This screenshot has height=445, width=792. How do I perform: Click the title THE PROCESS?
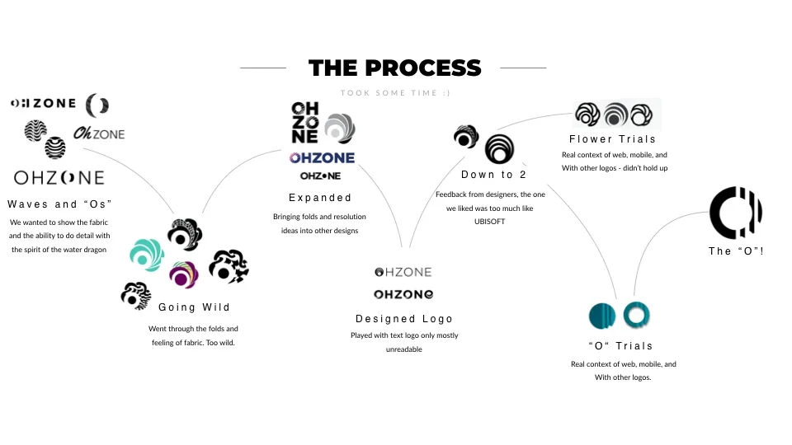(x=394, y=68)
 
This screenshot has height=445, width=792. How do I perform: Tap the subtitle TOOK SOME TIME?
(x=395, y=93)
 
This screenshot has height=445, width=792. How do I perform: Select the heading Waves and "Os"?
(x=59, y=204)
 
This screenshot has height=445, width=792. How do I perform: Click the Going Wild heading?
(x=194, y=307)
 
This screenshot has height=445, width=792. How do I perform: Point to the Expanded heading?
(x=320, y=198)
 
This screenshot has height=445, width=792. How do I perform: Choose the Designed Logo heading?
(x=404, y=319)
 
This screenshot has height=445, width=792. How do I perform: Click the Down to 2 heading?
(x=493, y=175)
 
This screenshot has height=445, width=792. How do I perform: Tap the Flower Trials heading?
(x=612, y=139)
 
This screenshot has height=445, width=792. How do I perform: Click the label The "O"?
(x=736, y=251)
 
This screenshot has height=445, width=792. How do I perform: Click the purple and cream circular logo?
(x=183, y=275)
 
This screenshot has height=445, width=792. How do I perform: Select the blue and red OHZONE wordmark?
(x=322, y=157)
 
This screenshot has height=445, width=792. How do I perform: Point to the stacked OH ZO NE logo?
(x=305, y=123)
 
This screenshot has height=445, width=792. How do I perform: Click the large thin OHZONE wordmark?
(x=59, y=177)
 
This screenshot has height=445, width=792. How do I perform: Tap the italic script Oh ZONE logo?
(x=99, y=133)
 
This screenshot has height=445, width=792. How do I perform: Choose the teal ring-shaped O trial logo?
(x=638, y=315)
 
